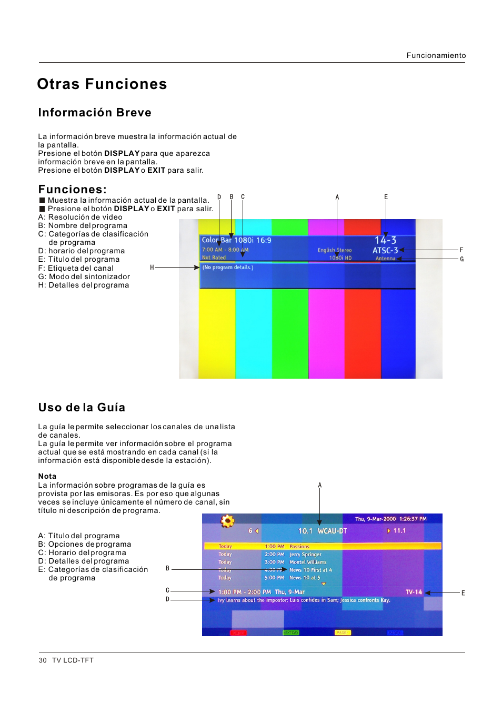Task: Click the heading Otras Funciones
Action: click(102, 84)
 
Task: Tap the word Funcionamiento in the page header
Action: click(436, 55)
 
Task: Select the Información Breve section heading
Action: click(95, 113)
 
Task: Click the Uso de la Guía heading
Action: click(82, 408)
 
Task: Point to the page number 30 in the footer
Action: click(43, 660)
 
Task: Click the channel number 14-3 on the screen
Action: click(385, 240)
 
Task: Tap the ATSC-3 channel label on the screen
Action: click(385, 251)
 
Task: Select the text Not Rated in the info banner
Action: click(214, 258)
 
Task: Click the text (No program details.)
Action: click(228, 268)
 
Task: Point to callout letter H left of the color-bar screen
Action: click(152, 268)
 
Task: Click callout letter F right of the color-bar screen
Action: click(461, 250)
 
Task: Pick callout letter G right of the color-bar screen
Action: click(461, 259)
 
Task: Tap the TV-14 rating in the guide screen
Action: click(414, 592)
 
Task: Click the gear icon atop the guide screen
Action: click(227, 521)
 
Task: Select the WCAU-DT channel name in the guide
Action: click(332, 531)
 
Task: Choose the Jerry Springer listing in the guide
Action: click(305, 555)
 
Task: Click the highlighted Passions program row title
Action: click(299, 547)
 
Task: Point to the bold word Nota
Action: click(47, 476)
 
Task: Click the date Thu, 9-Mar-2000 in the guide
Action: click(375, 519)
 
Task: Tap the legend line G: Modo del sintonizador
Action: click(84, 276)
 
